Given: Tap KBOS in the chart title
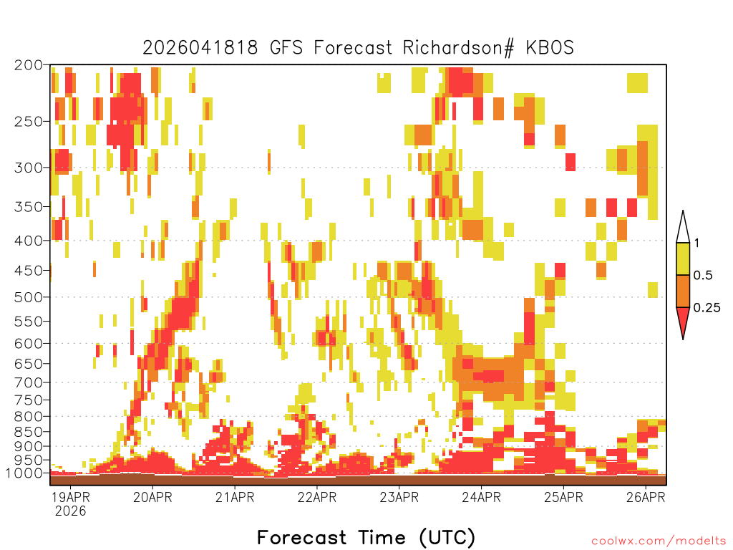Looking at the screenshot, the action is click(x=550, y=48).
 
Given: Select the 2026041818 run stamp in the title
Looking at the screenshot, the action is click(x=200, y=48).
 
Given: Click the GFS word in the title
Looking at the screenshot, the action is click(x=286, y=48).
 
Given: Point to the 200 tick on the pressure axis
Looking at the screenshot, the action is click(x=28, y=65).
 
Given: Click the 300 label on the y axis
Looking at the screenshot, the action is click(x=28, y=168).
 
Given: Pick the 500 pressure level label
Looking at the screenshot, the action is click(x=28, y=297).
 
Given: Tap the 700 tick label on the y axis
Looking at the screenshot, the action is click(x=28, y=382).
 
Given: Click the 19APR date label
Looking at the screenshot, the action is click(x=70, y=497).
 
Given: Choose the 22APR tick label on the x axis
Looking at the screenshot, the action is click(x=317, y=497).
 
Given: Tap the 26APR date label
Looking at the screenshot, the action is click(x=646, y=497).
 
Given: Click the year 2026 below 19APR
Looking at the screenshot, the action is click(x=70, y=511).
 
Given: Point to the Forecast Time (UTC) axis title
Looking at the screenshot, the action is click(x=366, y=538).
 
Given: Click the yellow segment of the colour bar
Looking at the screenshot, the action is click(x=683, y=259).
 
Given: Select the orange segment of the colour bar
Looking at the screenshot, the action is click(x=683, y=291).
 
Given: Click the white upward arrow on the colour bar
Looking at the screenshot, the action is click(x=683, y=228).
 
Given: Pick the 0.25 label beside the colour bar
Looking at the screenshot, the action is click(x=707, y=308).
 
